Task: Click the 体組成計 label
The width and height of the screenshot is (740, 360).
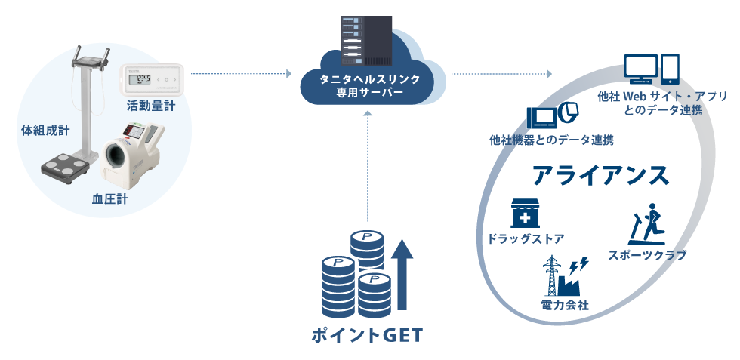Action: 45,131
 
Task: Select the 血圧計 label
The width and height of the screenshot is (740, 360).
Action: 109,199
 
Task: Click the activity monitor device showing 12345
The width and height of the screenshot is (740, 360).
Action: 150,79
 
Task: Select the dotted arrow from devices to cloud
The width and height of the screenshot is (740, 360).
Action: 240,74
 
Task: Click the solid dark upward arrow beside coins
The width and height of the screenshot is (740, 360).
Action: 402,275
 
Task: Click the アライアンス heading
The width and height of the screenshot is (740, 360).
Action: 600,175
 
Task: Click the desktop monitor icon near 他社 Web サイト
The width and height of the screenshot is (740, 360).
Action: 640,69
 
